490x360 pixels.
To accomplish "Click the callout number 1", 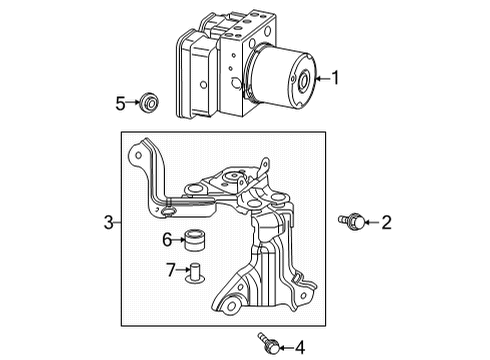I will pos(335,77).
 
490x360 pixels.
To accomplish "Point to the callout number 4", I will pos(298,347).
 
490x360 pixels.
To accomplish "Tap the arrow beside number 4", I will pos(283,347).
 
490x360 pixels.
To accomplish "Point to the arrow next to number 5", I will pos(134,102).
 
